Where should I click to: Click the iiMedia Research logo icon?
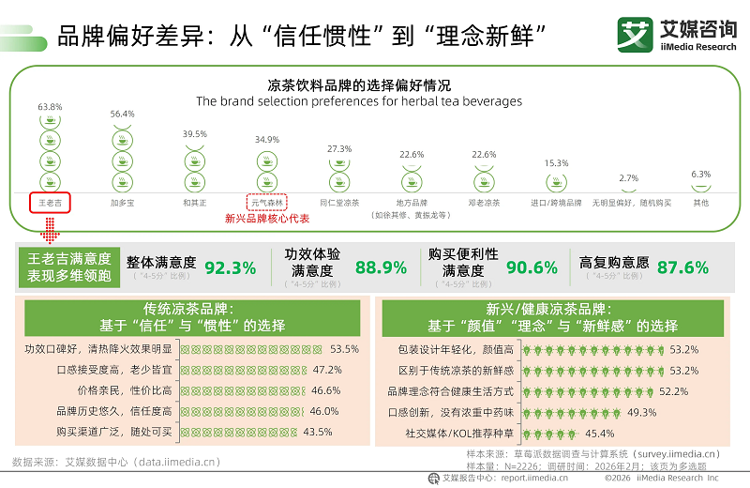pyautogui.click(x=633, y=35)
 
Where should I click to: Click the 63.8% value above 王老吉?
pyautogui.click(x=50, y=107)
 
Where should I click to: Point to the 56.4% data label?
pyautogui.click(x=123, y=114)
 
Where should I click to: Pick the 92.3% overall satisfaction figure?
pyautogui.click(x=230, y=267)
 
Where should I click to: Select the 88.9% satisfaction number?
pyautogui.click(x=381, y=267)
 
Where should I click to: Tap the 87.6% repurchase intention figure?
pyautogui.click(x=682, y=267)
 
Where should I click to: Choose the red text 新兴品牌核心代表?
pyautogui.click(x=267, y=219)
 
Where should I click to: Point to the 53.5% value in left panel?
pyautogui.click(x=345, y=349)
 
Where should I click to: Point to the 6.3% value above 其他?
pyautogui.click(x=700, y=175)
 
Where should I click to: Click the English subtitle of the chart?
pyautogui.click(x=359, y=101)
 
